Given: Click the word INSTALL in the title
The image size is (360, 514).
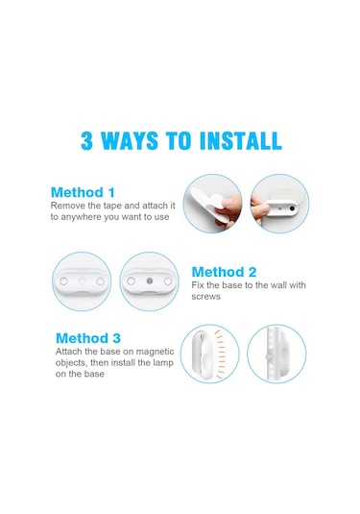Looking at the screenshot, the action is [240, 141].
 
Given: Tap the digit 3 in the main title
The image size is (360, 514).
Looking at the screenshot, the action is [86, 141].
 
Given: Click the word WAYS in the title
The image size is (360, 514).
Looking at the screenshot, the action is [129, 141].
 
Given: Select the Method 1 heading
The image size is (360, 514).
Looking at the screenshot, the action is [83, 192].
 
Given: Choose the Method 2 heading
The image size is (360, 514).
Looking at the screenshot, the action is [224, 272].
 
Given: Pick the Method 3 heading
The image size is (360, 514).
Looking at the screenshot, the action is [88, 338].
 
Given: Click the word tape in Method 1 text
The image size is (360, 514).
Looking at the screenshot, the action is [112, 206].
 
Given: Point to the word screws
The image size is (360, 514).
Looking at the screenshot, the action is [205, 297].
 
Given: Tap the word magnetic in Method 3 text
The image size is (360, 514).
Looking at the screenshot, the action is [155, 352].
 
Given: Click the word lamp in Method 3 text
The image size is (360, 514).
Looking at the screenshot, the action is [162, 363].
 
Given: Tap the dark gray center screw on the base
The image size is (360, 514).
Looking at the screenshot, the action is [150, 281].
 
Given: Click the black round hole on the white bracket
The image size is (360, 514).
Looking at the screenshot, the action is [292, 208].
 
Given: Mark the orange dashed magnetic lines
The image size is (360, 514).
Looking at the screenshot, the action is [220, 354].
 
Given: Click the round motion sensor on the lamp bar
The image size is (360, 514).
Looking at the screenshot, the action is [269, 356].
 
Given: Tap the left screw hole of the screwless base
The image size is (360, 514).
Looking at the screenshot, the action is [64, 281].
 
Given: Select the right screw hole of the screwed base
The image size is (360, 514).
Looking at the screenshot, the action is [168, 281].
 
